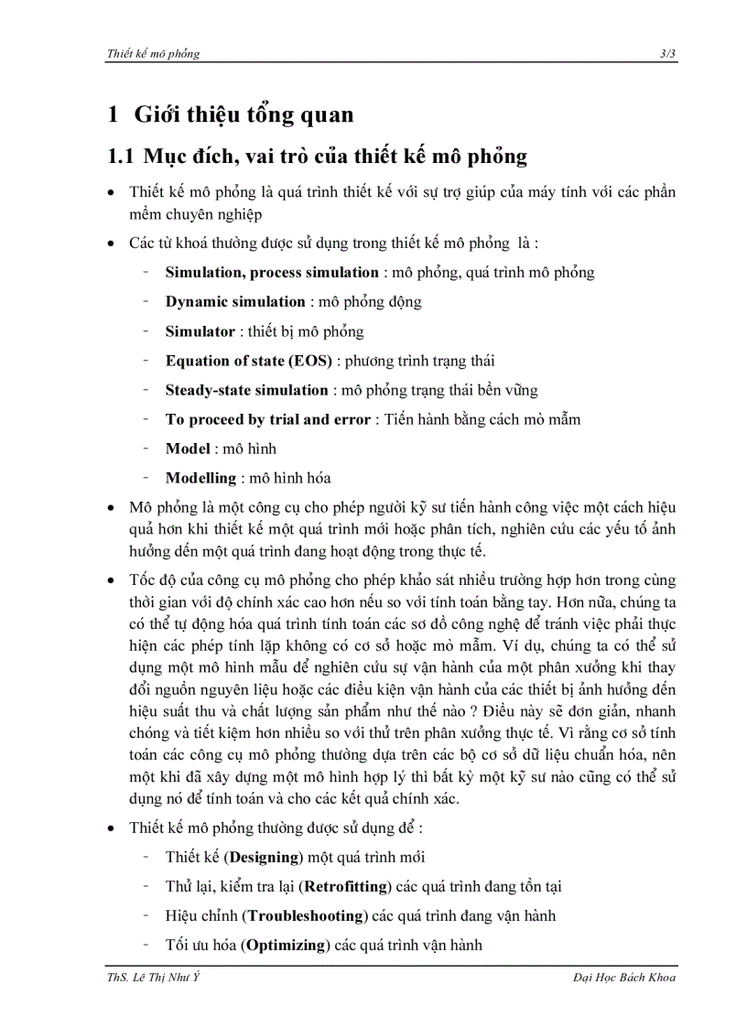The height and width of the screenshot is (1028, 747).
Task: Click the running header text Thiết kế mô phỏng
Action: [153, 54]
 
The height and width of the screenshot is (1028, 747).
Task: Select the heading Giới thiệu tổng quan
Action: [244, 115]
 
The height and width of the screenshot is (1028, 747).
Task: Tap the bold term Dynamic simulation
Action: [235, 302]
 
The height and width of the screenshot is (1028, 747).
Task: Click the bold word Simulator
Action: [200, 331]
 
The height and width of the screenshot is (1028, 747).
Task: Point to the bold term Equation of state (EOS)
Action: [248, 361]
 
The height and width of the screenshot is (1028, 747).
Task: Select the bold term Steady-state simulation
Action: [246, 390]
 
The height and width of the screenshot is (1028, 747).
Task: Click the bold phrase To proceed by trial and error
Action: [267, 419]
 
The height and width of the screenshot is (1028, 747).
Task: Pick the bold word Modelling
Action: [200, 478]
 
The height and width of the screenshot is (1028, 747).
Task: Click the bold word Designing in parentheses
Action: [265, 858]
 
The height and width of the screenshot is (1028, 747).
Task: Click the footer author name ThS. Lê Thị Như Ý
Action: [152, 979]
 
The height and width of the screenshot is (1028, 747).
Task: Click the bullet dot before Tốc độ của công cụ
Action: [111, 581]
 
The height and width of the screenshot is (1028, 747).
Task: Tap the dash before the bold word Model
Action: [146, 449]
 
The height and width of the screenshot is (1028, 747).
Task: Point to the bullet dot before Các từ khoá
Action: [111, 244]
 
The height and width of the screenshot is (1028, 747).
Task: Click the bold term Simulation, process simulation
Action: [272, 273]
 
